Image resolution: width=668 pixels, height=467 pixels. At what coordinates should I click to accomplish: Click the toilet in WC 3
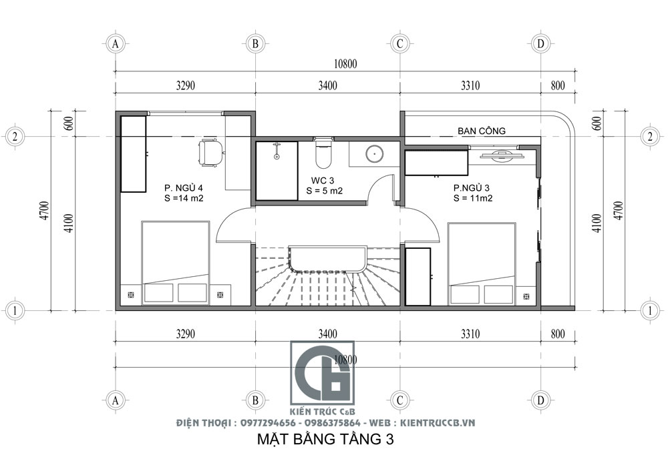pos(322,154)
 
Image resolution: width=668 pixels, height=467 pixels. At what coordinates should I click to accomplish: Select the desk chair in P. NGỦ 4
pos(211,153)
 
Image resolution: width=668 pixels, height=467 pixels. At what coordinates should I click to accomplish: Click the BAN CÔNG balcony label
pos(482,131)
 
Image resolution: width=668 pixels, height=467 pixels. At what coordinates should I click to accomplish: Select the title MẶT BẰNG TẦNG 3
pos(325,440)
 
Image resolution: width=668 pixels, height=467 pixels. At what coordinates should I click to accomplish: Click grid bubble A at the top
pos(116,43)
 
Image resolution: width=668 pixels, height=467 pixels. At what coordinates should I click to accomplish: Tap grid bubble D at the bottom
pos(541,400)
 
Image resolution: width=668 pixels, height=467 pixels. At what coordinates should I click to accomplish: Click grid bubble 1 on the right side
pos(650,310)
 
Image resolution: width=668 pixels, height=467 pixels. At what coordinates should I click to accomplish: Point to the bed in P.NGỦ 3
pos(482,264)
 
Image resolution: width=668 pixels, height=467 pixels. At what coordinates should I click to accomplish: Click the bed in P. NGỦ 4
pos(175,264)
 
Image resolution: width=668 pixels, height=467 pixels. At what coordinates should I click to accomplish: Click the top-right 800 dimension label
pos(558,85)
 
